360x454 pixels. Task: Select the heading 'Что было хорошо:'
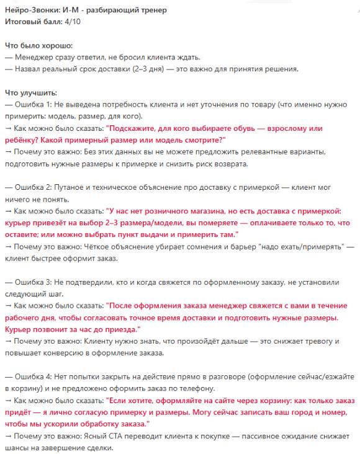point(38,47)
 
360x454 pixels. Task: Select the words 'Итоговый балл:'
point(32,21)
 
